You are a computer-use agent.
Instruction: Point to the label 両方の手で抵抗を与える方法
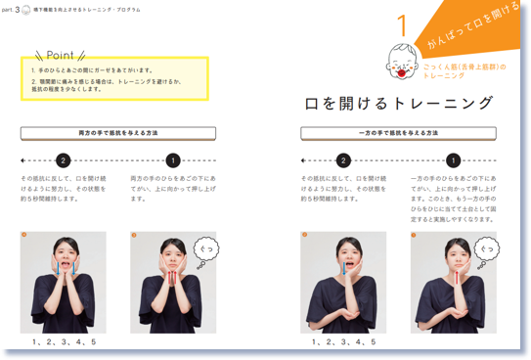tap(118, 133)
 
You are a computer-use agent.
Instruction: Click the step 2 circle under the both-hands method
tap(64, 160)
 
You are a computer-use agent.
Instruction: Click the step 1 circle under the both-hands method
tap(173, 160)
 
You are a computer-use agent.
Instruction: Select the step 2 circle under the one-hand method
tap(344, 160)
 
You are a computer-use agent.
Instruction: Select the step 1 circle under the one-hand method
tap(454, 160)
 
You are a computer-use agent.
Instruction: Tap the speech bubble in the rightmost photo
tap(487, 250)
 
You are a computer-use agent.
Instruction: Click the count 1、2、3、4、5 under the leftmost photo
tap(64, 342)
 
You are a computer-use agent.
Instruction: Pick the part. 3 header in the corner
tap(22, 10)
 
